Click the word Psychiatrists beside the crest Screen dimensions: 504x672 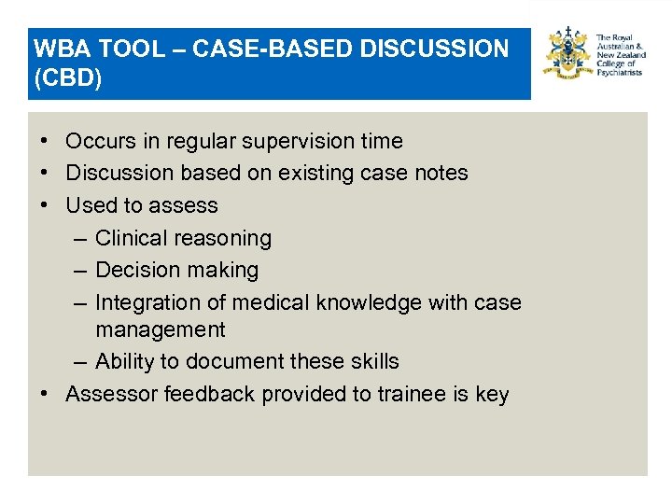(x=619, y=73)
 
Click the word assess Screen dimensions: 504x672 (x=187, y=205)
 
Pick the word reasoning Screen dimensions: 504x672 (x=223, y=239)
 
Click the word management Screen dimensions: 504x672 (x=160, y=330)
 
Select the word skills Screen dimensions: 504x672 (x=371, y=362)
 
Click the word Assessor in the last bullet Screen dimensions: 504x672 (x=111, y=395)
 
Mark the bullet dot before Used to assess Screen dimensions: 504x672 (x=45, y=205)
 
